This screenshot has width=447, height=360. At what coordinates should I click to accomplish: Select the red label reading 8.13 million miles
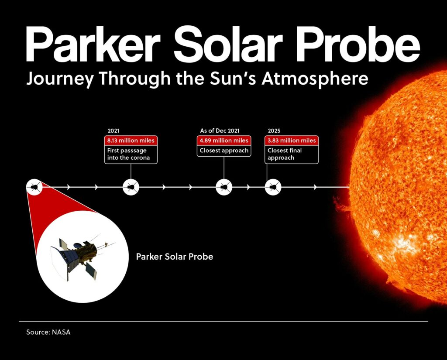131,141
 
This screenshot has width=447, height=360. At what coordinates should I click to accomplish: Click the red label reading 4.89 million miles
224,141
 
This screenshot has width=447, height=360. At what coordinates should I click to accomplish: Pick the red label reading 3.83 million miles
291,141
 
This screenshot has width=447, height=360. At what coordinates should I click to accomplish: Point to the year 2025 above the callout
274,130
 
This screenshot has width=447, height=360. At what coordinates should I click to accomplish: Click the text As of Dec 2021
220,130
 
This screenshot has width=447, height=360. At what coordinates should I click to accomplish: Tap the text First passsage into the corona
128,154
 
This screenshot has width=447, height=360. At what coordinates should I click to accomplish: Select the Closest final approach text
285,154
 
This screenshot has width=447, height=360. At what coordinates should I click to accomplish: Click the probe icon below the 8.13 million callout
131,187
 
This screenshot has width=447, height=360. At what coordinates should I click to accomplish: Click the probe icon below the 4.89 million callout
224,187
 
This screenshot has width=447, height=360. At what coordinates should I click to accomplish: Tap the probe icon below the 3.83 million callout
273,187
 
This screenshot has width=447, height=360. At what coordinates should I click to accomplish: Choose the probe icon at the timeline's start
34,187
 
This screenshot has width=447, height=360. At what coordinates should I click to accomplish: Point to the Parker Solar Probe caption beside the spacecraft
175,257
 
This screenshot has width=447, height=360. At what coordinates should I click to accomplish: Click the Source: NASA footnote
48,333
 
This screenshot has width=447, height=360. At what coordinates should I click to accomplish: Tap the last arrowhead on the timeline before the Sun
315,187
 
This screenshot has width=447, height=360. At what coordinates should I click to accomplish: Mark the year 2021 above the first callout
113,130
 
